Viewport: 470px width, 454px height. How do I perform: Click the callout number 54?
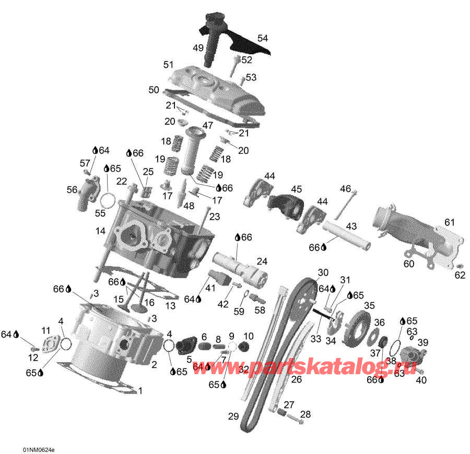tap(262, 38)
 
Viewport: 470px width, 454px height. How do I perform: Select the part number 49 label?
tap(198, 48)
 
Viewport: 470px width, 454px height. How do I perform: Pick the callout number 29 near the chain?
tap(233, 416)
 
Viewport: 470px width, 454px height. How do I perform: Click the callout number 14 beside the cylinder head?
tap(100, 230)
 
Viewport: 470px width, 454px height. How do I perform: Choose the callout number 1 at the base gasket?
tap(140, 390)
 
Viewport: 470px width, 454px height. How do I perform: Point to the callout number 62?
tap(460, 275)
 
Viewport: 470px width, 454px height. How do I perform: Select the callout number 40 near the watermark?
tap(421, 380)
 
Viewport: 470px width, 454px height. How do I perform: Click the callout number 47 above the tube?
tap(208, 125)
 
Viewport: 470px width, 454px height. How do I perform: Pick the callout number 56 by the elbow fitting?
tap(72, 190)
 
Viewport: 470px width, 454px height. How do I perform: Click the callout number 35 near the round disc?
tap(369, 305)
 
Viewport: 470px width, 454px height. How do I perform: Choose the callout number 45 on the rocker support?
tap(297, 189)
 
